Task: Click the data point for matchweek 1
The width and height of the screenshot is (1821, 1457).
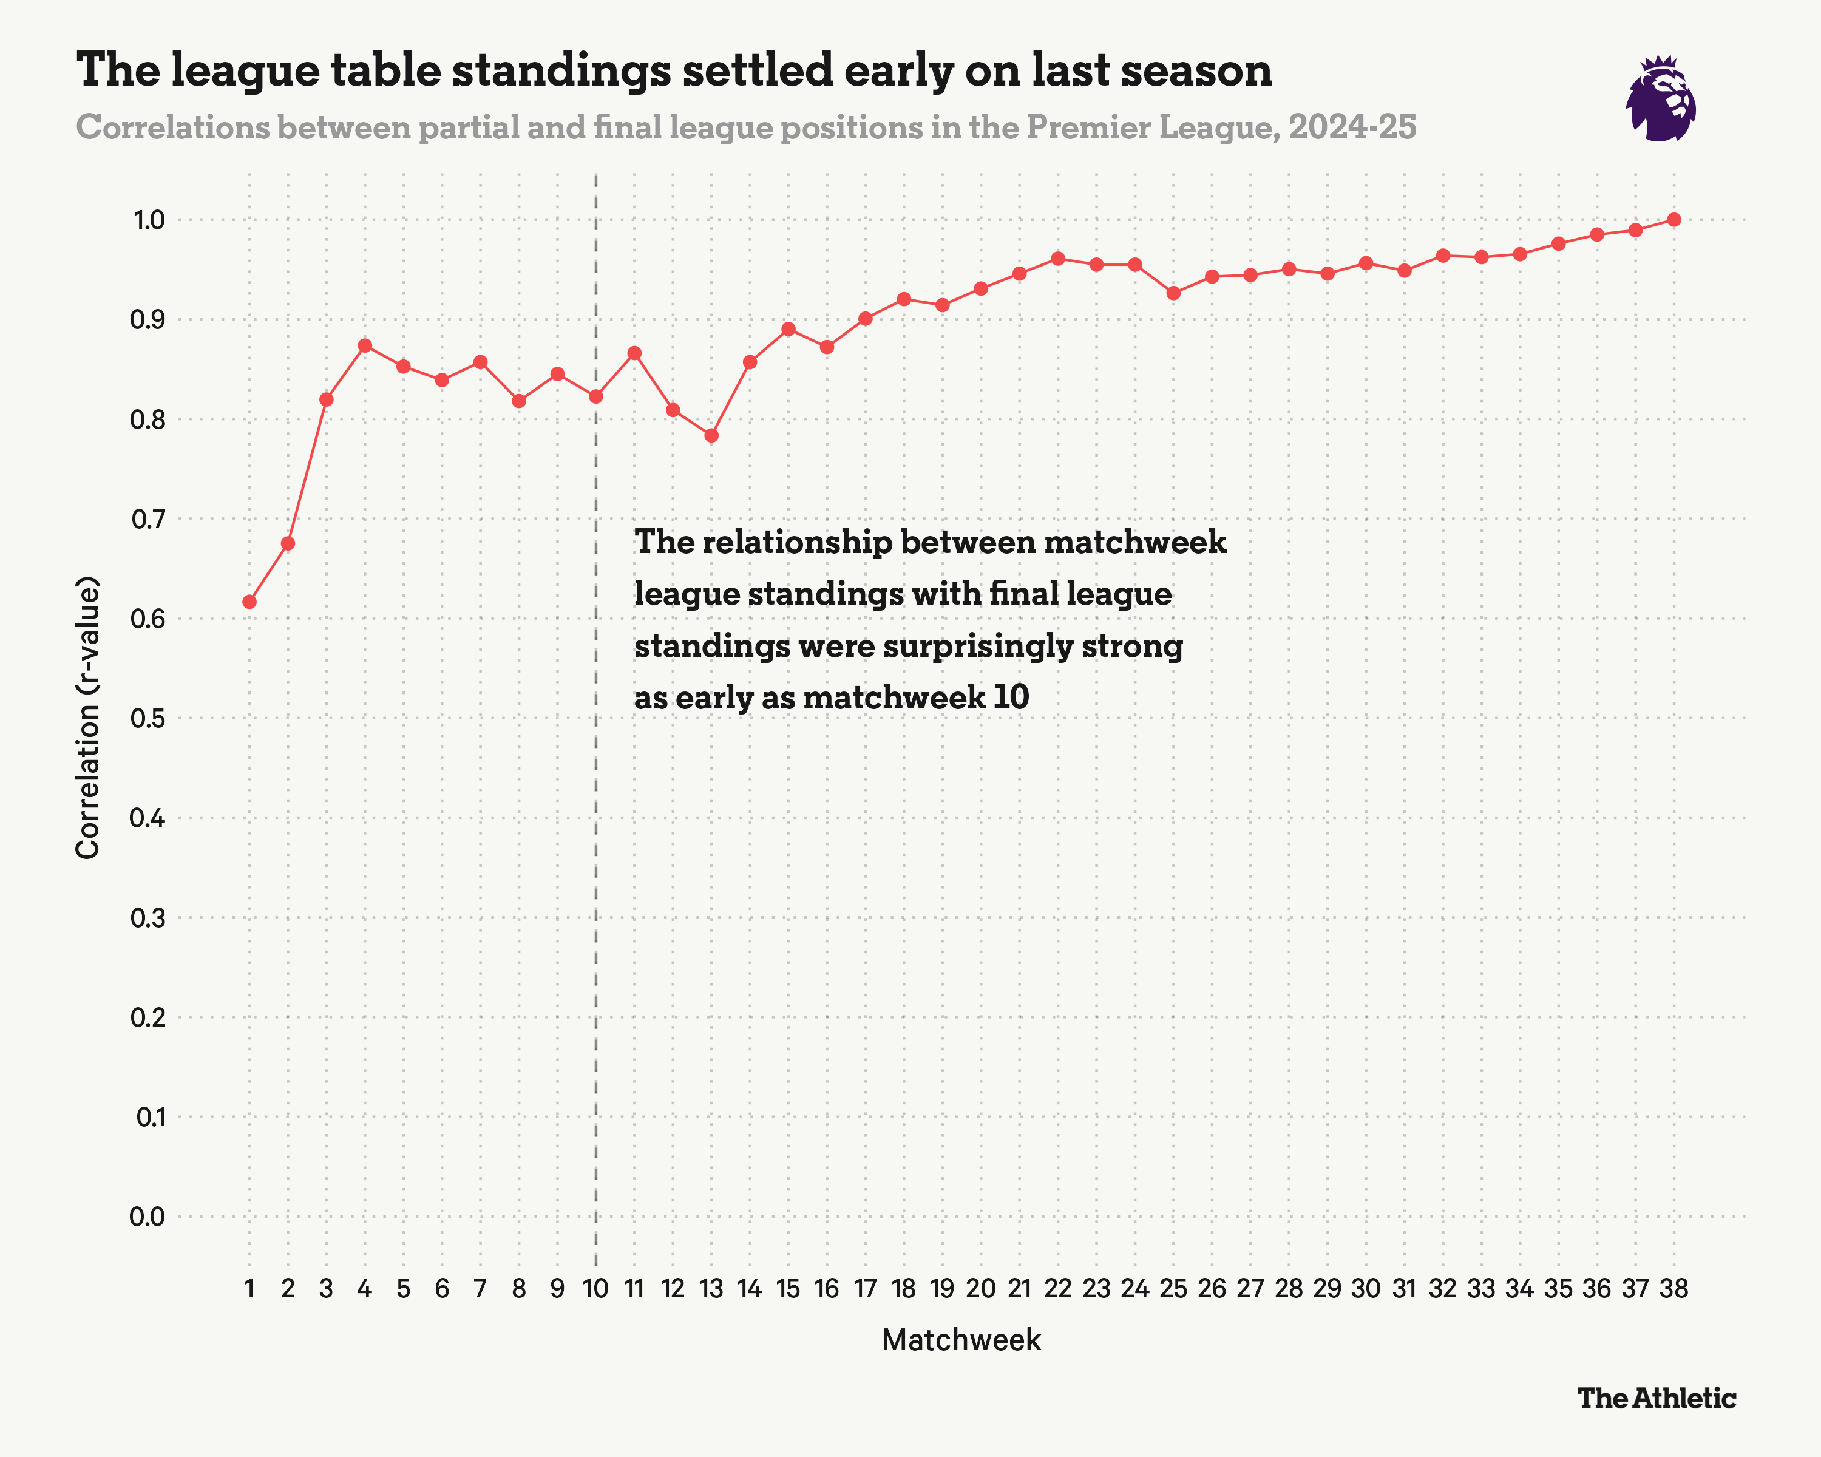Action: (x=249, y=602)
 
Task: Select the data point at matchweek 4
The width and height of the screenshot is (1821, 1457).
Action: (x=365, y=345)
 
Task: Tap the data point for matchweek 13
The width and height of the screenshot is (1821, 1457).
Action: (x=711, y=436)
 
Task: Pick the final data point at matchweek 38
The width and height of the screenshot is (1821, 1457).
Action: (x=1674, y=220)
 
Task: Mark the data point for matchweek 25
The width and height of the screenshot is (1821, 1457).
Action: (x=1173, y=293)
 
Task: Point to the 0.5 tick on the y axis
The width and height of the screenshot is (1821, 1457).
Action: (x=148, y=719)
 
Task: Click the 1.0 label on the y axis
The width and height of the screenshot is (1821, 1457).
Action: (x=148, y=220)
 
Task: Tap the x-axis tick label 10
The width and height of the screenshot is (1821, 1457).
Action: (x=595, y=1289)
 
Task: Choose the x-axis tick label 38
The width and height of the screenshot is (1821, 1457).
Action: (x=1674, y=1289)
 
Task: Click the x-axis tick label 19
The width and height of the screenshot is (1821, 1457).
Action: (x=941, y=1289)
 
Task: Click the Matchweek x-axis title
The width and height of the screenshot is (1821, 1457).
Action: (x=961, y=1340)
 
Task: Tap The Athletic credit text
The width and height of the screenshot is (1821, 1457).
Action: (x=1657, y=1399)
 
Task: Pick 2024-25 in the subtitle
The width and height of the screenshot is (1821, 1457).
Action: (x=1352, y=127)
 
